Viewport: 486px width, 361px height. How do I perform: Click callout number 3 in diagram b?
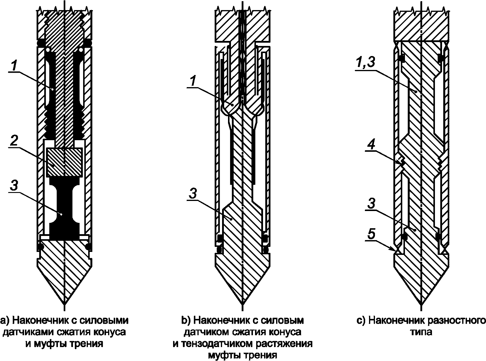193,194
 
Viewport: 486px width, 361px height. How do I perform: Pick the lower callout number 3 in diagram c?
371,204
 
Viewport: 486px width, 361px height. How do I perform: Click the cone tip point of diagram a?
64,305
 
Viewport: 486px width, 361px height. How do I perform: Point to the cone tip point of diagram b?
243,306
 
